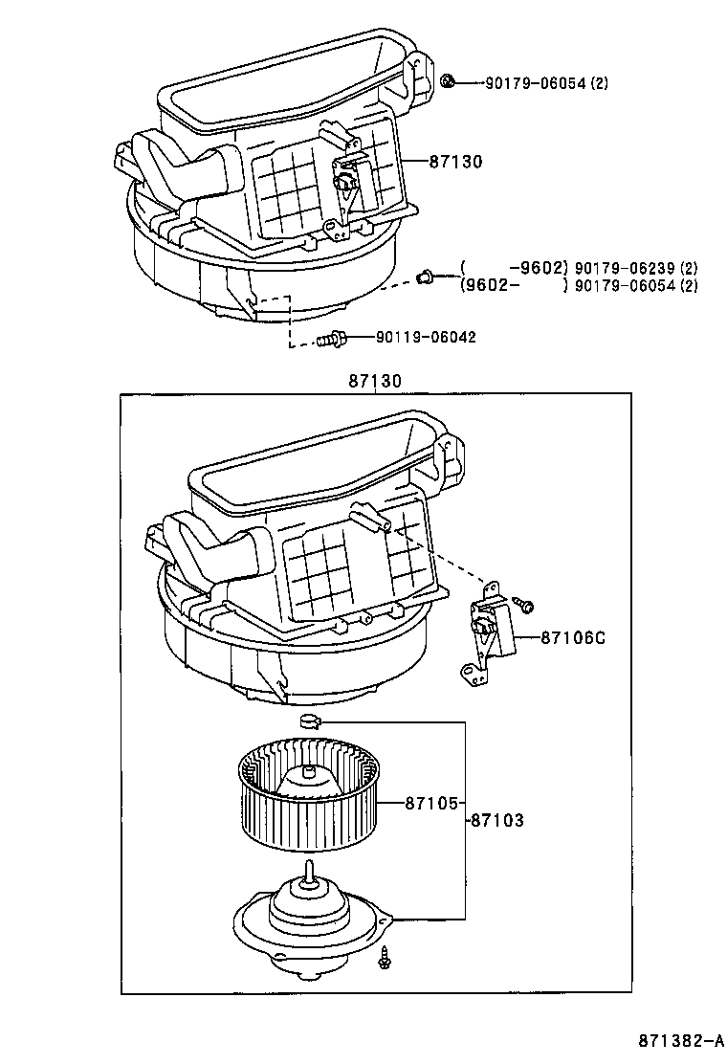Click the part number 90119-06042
(426, 337)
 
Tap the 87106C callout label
(573, 637)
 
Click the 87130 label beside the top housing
(455, 163)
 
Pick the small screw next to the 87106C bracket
(525, 605)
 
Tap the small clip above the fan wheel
(310, 720)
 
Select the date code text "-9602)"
(539, 268)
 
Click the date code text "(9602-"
(491, 285)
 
